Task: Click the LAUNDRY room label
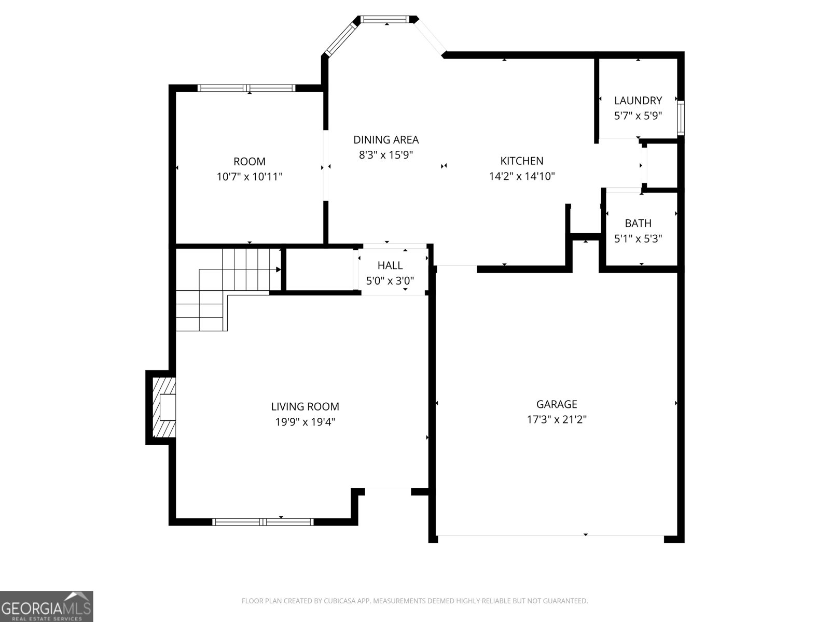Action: (x=638, y=101)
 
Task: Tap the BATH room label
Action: (x=638, y=223)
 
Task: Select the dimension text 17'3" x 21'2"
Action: (x=557, y=419)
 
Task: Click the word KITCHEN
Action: (x=522, y=161)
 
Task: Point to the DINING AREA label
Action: (x=386, y=140)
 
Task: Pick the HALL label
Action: (x=390, y=266)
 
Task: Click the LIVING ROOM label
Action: (x=305, y=407)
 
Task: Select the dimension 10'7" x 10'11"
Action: (x=250, y=177)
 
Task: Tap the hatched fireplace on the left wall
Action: (x=162, y=407)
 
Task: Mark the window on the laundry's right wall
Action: (x=681, y=118)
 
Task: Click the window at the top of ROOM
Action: (x=247, y=88)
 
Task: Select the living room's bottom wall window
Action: (x=264, y=521)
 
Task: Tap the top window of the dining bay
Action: (x=384, y=20)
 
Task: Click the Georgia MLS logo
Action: (x=47, y=606)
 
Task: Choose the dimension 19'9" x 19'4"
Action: (x=305, y=422)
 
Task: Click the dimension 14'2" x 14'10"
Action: (x=522, y=176)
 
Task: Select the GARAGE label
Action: (x=557, y=404)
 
